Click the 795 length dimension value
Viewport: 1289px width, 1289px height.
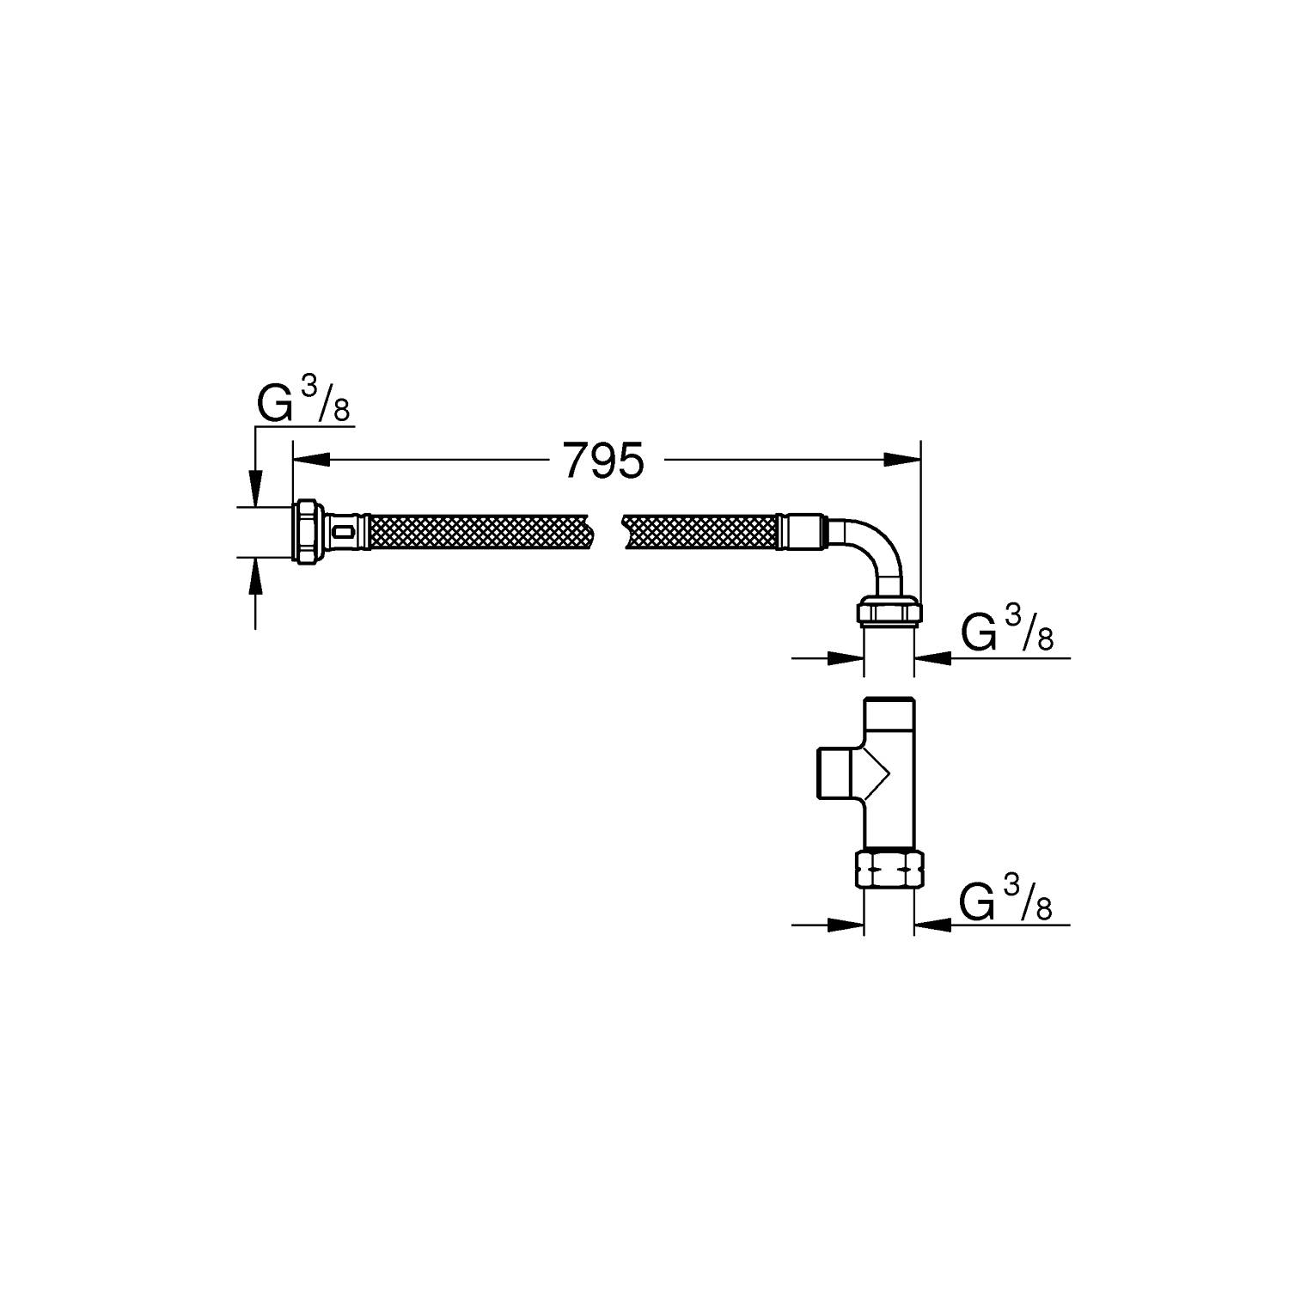603,461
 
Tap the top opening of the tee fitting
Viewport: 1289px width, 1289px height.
889,701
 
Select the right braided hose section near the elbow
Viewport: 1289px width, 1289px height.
700,533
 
